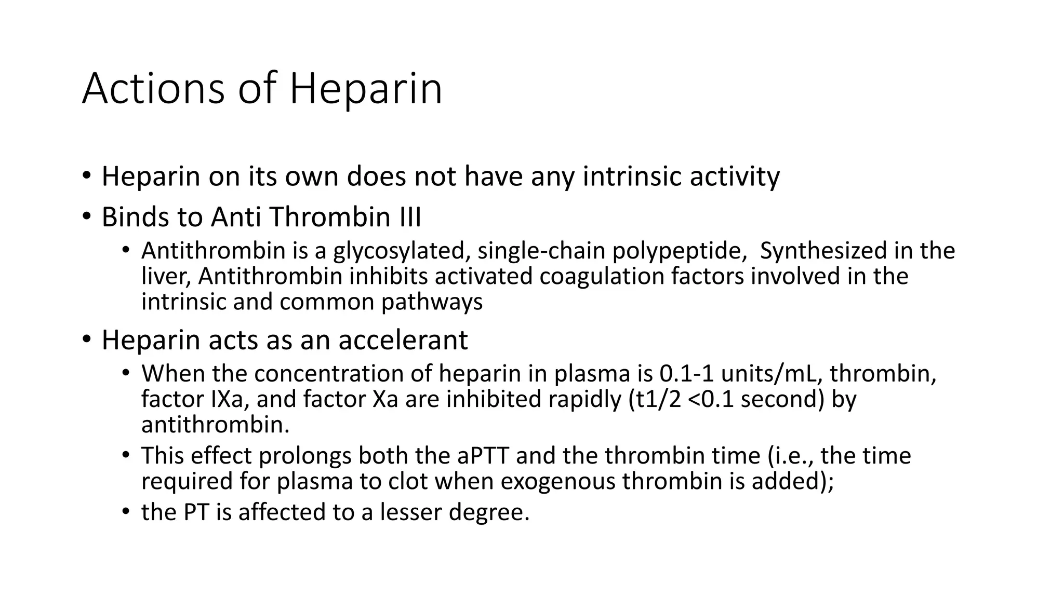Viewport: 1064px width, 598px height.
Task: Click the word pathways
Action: pyautogui.click(x=432, y=302)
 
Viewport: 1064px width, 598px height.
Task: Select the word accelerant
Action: pyautogui.click(x=403, y=340)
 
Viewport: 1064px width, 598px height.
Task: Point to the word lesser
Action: pyautogui.click(x=411, y=512)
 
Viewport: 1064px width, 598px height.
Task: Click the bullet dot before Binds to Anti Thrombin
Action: pyautogui.click(x=86, y=217)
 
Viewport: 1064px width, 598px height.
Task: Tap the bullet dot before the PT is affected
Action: pyautogui.click(x=125, y=512)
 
